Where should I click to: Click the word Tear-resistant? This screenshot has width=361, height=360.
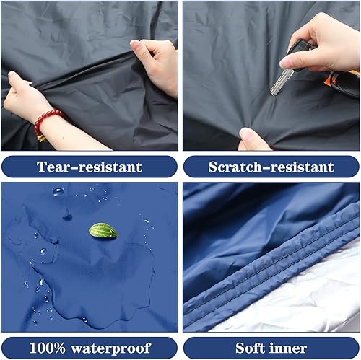[90, 167]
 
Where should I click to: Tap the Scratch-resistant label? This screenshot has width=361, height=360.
[271, 167]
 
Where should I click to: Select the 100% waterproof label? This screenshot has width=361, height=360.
[90, 348]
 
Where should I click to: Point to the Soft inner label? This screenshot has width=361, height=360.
[271, 348]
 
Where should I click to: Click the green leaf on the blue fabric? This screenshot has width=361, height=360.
[103, 231]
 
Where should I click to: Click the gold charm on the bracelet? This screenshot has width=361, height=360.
[40, 137]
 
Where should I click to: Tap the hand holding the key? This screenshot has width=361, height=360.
[325, 36]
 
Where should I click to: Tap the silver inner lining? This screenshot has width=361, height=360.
[318, 303]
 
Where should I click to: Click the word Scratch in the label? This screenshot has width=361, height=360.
[238, 167]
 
